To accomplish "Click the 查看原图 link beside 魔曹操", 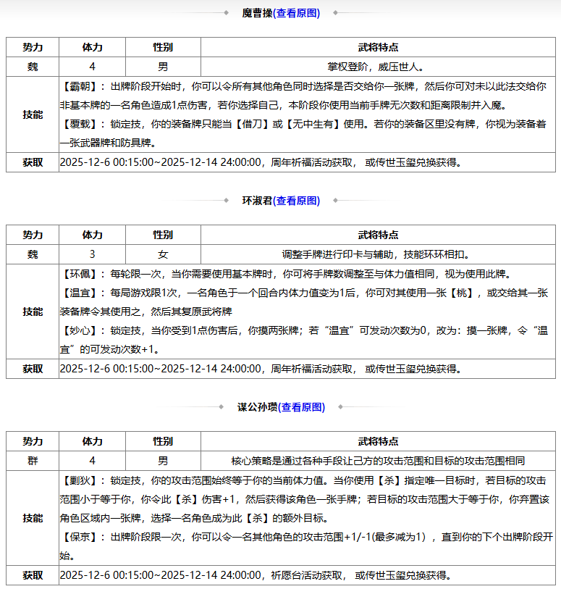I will pos(298,13).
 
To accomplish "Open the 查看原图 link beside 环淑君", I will pos(298,201).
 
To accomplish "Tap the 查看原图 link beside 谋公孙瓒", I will pos(303,407).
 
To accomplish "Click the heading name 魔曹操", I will pos(257,13).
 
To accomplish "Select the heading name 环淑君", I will pos(257,201).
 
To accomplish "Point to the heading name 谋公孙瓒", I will pos(258,407).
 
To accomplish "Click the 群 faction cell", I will pos(33,461).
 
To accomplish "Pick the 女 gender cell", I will pos(163,254).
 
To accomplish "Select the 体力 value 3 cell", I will pos(92,254).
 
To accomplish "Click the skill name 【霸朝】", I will pos(84,85).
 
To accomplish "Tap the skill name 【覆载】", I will pos(84,124).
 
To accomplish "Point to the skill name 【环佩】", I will pos(84,274).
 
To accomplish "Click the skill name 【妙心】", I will pos(84,330).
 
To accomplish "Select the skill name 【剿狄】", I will pos(84,480).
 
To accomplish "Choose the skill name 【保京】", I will pos(84,537).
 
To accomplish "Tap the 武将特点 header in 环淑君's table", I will pos(378,235).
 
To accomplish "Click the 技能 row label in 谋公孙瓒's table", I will pos(33,518).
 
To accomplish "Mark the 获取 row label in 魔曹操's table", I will pos(33,162).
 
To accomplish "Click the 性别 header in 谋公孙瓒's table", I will pos(163,441).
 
